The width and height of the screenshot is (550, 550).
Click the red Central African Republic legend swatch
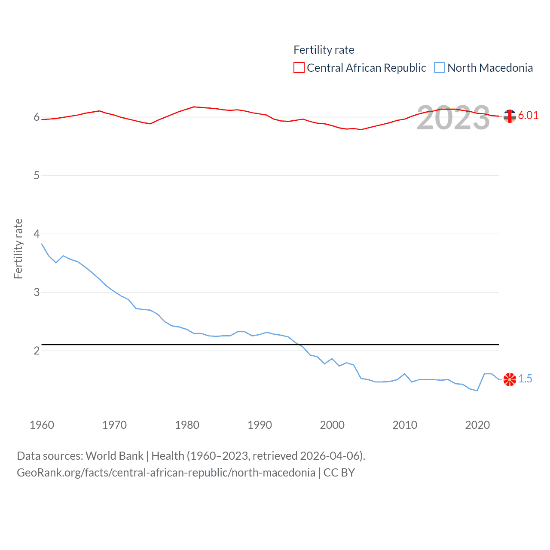click(299, 67)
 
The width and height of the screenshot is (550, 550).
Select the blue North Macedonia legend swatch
click(439, 67)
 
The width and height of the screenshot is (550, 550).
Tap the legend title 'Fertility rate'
click(324, 50)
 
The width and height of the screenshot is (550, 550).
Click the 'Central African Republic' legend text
click(366, 68)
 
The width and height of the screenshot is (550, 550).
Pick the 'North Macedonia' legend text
click(490, 68)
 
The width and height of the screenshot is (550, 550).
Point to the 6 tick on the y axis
click(37, 117)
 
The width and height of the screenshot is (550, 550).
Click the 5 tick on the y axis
click(37, 175)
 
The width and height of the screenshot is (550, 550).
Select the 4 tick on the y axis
click(37, 234)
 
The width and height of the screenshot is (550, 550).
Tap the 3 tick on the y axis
click(37, 292)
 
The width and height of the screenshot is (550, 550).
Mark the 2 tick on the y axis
click(37, 351)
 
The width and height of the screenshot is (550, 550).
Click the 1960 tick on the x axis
click(42, 425)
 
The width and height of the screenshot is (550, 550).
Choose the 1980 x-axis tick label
click(187, 425)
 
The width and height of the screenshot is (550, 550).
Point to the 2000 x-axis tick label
click(332, 425)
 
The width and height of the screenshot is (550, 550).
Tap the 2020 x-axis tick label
click(477, 425)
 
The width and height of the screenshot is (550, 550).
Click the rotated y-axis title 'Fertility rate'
click(18, 249)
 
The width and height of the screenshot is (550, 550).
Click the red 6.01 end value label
click(528, 115)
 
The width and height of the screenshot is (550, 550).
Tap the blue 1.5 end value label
click(525, 379)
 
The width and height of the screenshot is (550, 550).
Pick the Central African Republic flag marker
click(510, 116)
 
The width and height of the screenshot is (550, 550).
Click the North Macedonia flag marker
click(510, 379)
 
